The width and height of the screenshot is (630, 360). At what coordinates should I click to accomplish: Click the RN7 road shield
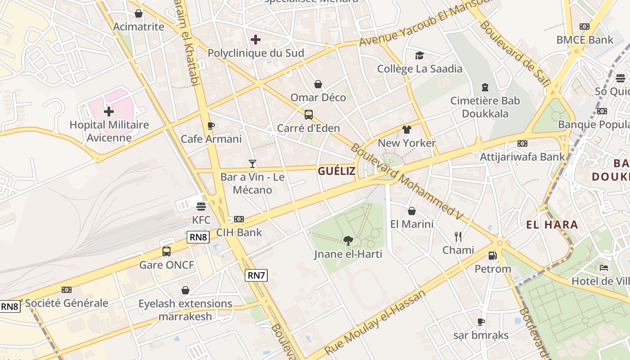point(256,275)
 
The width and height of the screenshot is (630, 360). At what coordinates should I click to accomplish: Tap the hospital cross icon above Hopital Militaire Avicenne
point(109,112)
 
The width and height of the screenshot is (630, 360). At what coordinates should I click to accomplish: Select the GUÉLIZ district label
point(337,171)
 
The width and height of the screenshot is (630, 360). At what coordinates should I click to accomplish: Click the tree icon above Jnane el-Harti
point(348,241)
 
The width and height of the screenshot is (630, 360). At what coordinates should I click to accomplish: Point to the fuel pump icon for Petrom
point(493,256)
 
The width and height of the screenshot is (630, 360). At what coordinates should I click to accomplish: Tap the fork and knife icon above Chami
point(458,237)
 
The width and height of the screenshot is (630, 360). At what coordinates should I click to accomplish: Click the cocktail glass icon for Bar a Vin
point(252,164)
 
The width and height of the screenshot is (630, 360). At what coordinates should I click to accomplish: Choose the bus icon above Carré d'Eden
point(308,115)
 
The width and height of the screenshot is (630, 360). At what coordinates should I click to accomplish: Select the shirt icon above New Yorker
point(407,130)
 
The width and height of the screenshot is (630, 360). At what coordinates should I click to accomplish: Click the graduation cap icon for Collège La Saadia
point(419,55)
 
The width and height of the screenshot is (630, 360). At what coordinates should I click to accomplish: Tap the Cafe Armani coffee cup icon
point(211,126)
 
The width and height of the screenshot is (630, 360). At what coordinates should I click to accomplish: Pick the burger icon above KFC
point(201,207)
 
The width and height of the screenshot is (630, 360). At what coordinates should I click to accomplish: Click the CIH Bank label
point(239,233)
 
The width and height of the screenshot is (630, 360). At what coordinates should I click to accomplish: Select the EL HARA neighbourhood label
point(552,225)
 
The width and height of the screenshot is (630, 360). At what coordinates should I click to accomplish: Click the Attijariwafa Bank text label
point(522,157)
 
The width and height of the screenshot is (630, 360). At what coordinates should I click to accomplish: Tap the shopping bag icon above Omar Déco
point(318,84)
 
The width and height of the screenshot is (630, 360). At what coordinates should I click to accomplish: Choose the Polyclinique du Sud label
point(256,53)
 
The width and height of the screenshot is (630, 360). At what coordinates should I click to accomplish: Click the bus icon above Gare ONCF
point(166,252)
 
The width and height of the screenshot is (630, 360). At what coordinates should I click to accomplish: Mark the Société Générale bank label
point(67,303)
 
